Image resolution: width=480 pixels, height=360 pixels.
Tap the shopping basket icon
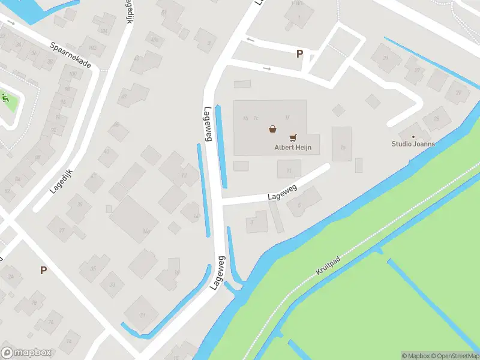(273, 128)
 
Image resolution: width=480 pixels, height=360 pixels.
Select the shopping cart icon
(293, 138)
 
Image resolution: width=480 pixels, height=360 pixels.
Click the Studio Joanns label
(413, 144)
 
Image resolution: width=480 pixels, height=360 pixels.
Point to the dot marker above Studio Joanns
(413, 136)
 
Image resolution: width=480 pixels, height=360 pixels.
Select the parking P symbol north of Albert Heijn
(299, 54)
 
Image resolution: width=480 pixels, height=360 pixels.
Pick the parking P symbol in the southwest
(43, 270)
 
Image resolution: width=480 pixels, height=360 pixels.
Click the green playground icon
(6, 98)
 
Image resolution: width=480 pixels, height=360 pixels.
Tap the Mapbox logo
(26, 353)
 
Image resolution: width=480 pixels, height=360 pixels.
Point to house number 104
(103, 31)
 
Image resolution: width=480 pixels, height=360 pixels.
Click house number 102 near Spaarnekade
(92, 47)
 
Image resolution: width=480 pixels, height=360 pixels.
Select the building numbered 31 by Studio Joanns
(386, 58)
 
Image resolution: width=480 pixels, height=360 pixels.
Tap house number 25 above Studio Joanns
(436, 119)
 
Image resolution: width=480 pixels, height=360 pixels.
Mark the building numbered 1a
(343, 146)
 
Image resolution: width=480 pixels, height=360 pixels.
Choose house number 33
(112, 284)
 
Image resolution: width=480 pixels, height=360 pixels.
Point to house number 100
(73, 74)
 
